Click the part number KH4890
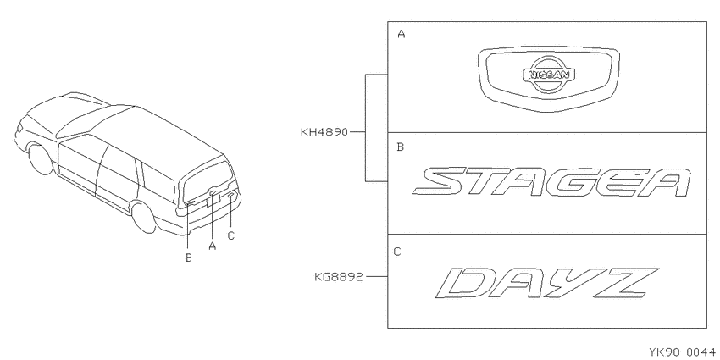click(324, 132)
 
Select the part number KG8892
click(339, 277)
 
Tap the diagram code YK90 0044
click(682, 352)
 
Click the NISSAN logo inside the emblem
click(549, 75)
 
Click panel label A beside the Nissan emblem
click(402, 34)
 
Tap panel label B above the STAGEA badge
click(401, 147)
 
